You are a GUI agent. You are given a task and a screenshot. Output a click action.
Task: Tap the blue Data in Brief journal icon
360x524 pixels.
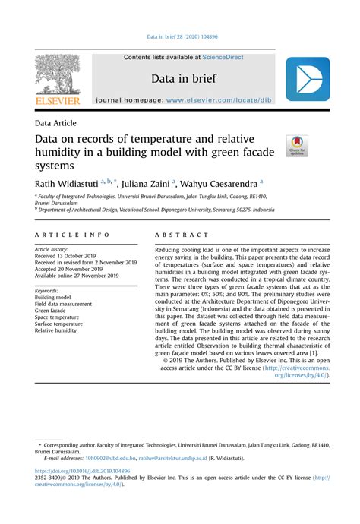[308, 80]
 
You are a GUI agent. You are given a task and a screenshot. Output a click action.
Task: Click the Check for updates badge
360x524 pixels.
[296, 147]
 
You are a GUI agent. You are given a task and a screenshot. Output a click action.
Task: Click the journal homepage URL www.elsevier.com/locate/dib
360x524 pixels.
[229, 100]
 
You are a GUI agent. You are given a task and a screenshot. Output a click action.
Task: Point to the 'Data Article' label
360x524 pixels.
[55, 123]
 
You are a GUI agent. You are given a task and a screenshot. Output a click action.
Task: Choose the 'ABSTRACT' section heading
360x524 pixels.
[182, 236]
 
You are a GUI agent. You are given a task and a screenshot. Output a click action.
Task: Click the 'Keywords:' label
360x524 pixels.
[47, 290]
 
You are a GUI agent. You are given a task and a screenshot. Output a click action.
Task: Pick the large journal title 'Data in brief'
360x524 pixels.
[182, 78]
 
